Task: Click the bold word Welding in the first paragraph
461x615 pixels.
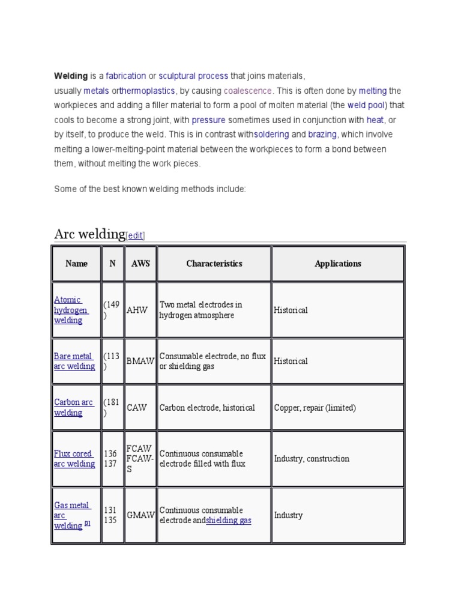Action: tap(71, 76)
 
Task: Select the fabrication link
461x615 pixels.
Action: tap(126, 76)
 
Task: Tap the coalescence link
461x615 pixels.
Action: tap(248, 91)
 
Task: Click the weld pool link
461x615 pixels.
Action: tap(366, 105)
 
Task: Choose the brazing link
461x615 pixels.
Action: tap(322, 135)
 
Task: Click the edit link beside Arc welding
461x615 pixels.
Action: tap(136, 236)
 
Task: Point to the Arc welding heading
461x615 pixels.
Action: tap(89, 234)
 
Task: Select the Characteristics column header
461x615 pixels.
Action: tap(214, 264)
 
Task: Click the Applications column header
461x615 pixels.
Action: tap(338, 264)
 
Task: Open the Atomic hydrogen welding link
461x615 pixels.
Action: tap(71, 310)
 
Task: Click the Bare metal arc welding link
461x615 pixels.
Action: tap(74, 361)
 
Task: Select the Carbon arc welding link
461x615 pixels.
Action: tap(73, 407)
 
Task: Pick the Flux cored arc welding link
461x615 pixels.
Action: tap(74, 459)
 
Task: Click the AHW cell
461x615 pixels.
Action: tap(137, 311)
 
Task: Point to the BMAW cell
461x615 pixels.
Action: tap(140, 362)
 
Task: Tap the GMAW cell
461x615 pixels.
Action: tap(140, 515)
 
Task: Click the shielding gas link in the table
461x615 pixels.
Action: tap(229, 521)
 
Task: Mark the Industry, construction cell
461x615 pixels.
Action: tap(312, 459)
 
